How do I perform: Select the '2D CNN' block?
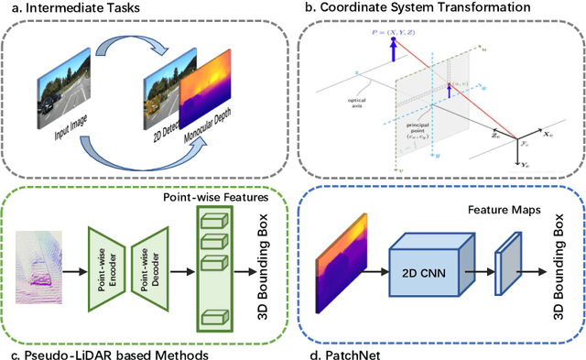pyautogui.click(x=427, y=249)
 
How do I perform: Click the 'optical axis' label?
pyautogui.click(x=344, y=102)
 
